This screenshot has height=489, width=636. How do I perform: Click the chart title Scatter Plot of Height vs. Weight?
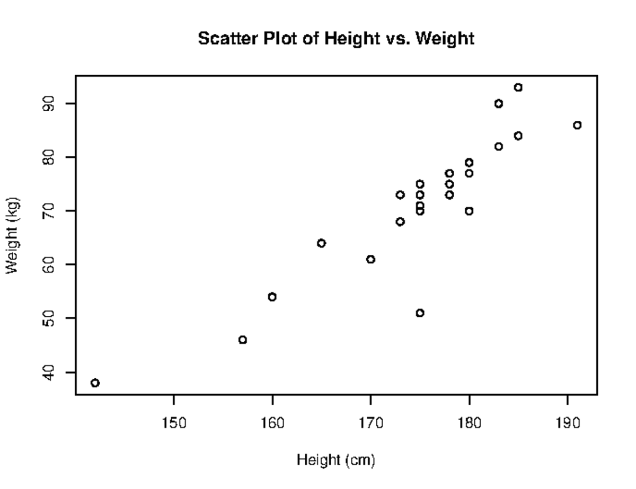pos(336,39)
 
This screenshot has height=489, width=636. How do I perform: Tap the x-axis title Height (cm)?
pos(335,459)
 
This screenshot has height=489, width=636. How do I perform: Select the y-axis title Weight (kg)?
pos(14,235)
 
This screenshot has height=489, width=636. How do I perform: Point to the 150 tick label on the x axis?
pos(173,424)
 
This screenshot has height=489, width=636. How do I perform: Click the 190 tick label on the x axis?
pos(568,424)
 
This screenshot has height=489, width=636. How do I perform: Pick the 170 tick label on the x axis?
pos(370,424)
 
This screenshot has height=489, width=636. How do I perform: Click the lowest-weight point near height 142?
pos(95,383)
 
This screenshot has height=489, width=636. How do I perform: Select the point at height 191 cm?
pos(577,125)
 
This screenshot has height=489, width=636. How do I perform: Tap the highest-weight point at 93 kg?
pos(518,87)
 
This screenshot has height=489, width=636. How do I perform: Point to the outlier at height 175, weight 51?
pos(420,313)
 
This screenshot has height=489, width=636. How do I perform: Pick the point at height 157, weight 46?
pos(242,340)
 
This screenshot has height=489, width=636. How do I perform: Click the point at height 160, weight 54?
pos(272,297)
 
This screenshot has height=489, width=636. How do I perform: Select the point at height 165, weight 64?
pos(321,243)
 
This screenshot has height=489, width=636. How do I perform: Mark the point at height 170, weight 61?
pos(370,259)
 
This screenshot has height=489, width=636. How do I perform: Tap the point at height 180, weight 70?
pos(469,211)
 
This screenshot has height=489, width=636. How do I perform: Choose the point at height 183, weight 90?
pos(499,103)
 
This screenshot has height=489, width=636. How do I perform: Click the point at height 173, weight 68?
pos(400,221)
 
